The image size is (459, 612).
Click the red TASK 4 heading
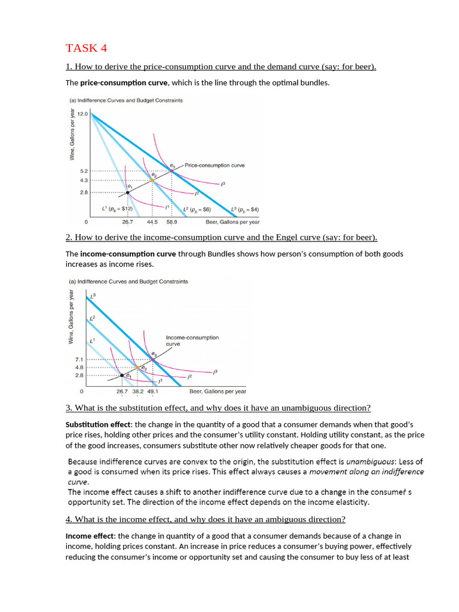point(87,48)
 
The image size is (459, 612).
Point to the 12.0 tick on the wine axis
point(82,114)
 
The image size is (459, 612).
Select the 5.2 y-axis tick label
point(84,171)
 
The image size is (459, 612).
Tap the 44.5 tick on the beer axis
point(152,222)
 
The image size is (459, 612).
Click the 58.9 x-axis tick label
point(172,222)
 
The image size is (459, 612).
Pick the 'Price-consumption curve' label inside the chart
point(214,165)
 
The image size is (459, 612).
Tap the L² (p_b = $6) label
point(197,209)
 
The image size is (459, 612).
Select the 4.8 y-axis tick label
point(79,367)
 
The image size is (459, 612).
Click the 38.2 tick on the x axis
point(138,392)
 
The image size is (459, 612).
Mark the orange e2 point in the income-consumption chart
point(137,367)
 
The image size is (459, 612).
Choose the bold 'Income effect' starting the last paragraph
point(90,536)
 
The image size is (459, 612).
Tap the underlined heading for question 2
point(221,237)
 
